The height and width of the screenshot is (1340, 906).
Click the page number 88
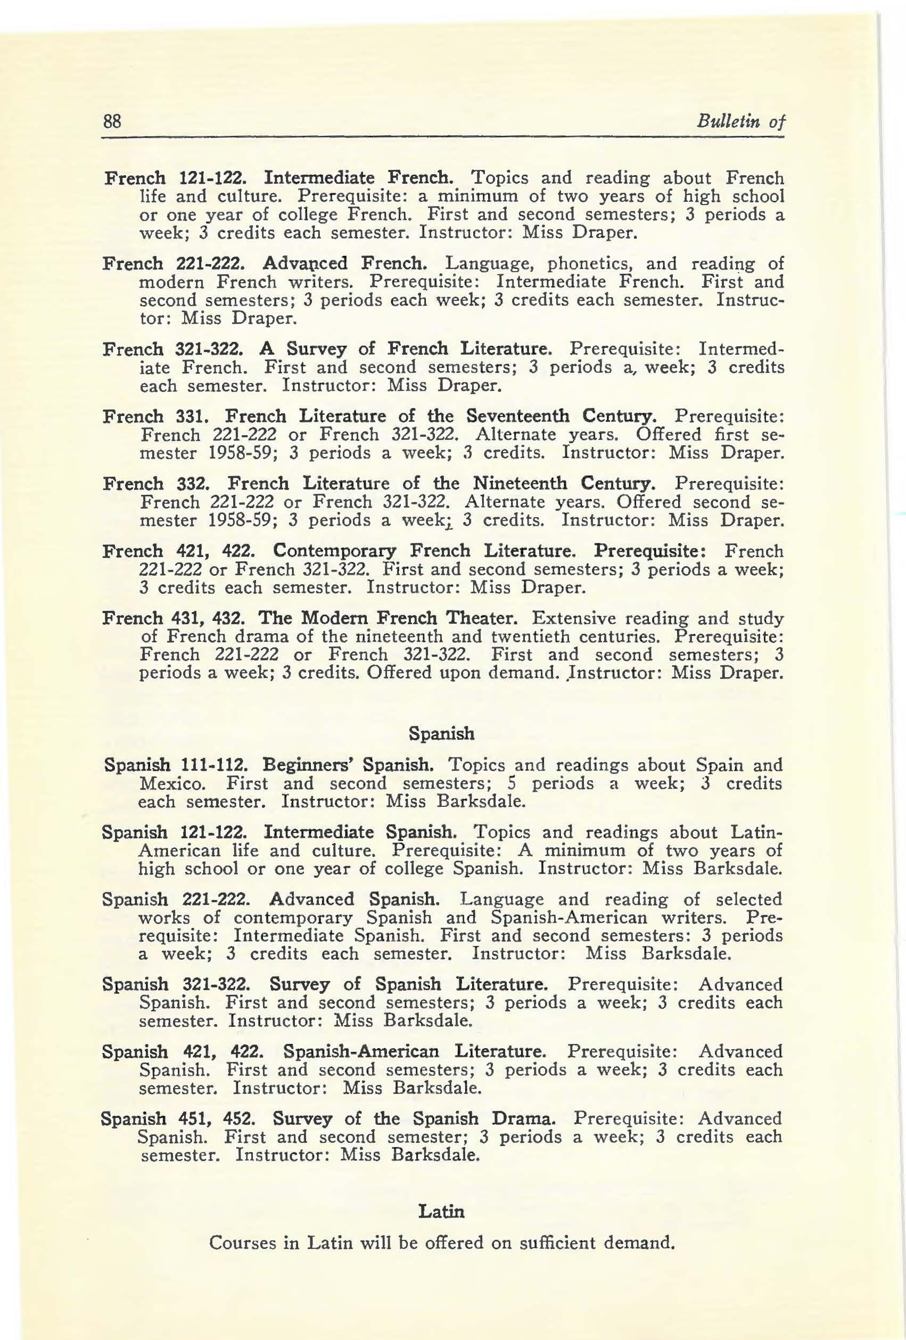[111, 121]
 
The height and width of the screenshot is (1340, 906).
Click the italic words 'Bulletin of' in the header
[741, 121]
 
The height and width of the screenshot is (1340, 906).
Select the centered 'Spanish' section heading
[441, 733]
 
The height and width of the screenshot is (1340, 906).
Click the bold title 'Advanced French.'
[344, 264]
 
